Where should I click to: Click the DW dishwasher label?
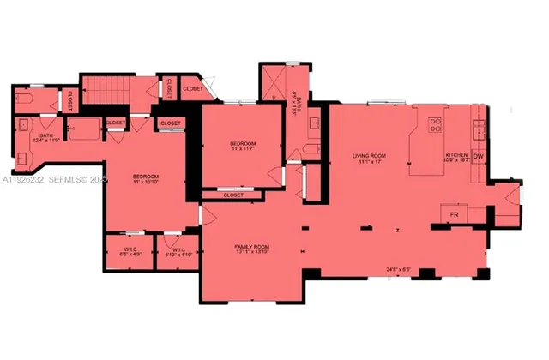[x=479, y=157]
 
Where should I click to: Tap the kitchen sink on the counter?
[x=478, y=129]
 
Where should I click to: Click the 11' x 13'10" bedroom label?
[x=146, y=178]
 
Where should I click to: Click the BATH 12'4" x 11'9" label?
[x=48, y=139]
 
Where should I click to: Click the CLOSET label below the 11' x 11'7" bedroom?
[x=232, y=195]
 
